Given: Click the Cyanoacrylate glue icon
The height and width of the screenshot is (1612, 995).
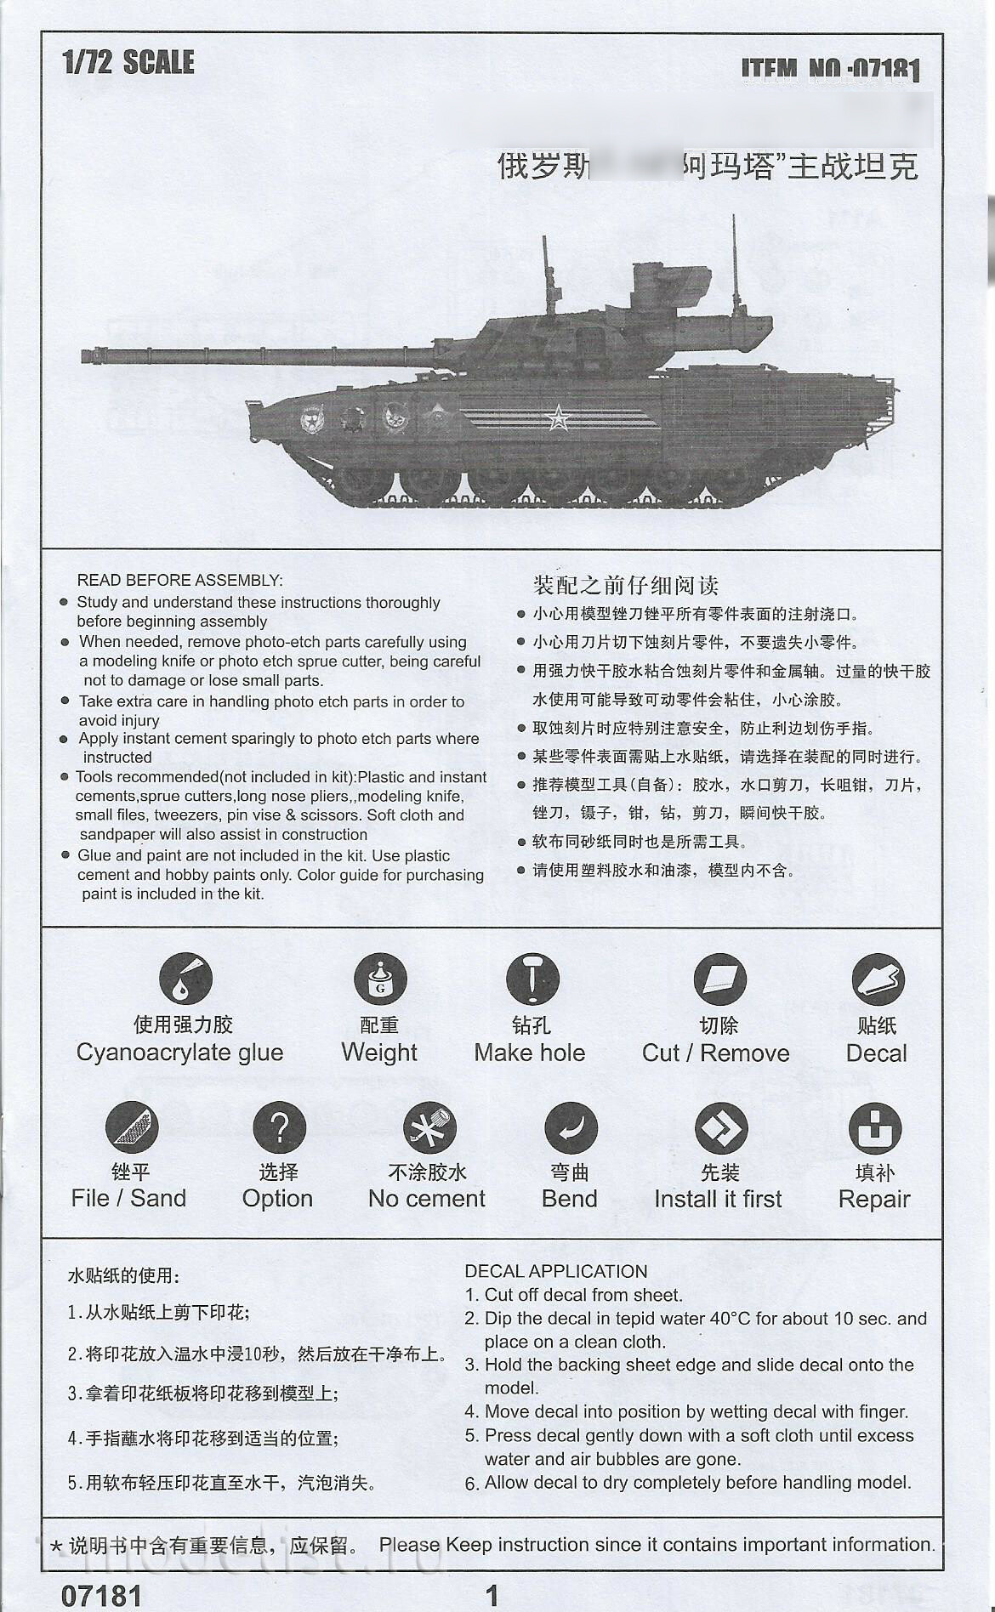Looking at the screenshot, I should [185, 979].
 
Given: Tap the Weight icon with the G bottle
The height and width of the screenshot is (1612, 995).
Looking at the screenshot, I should [380, 979].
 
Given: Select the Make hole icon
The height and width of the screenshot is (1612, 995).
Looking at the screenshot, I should [532, 979].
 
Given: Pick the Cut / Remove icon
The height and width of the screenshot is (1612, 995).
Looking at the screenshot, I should [719, 979].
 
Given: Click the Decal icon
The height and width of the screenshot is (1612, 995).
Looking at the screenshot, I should [878, 979].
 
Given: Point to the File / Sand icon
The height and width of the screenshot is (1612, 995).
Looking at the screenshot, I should [132, 1127].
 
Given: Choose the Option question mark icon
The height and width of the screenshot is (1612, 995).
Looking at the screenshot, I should [279, 1127].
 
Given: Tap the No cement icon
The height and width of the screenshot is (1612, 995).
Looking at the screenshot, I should [429, 1128].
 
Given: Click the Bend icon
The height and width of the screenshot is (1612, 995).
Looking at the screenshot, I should [571, 1128].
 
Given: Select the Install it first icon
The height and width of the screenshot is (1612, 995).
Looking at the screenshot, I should [720, 1128].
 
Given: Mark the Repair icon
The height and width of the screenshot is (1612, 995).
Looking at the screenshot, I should [875, 1128].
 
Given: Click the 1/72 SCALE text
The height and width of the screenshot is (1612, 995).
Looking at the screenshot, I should [128, 62].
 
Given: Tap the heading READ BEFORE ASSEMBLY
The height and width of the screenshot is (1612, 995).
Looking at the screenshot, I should [179, 581].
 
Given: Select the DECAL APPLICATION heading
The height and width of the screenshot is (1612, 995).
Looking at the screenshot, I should [555, 1271].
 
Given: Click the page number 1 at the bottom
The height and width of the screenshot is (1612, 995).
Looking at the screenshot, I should [492, 1594].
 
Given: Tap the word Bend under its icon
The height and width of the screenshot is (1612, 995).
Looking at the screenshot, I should [569, 1199].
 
